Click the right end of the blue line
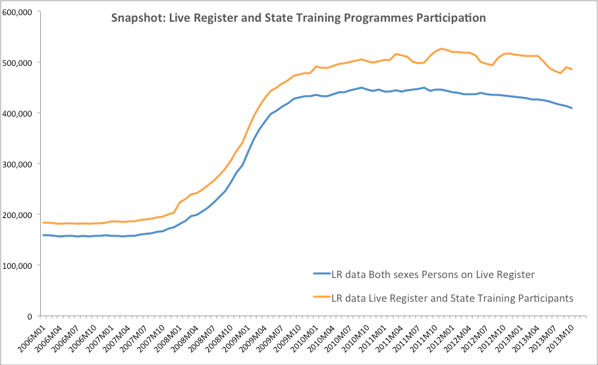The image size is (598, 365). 572,108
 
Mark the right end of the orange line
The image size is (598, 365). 572,69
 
